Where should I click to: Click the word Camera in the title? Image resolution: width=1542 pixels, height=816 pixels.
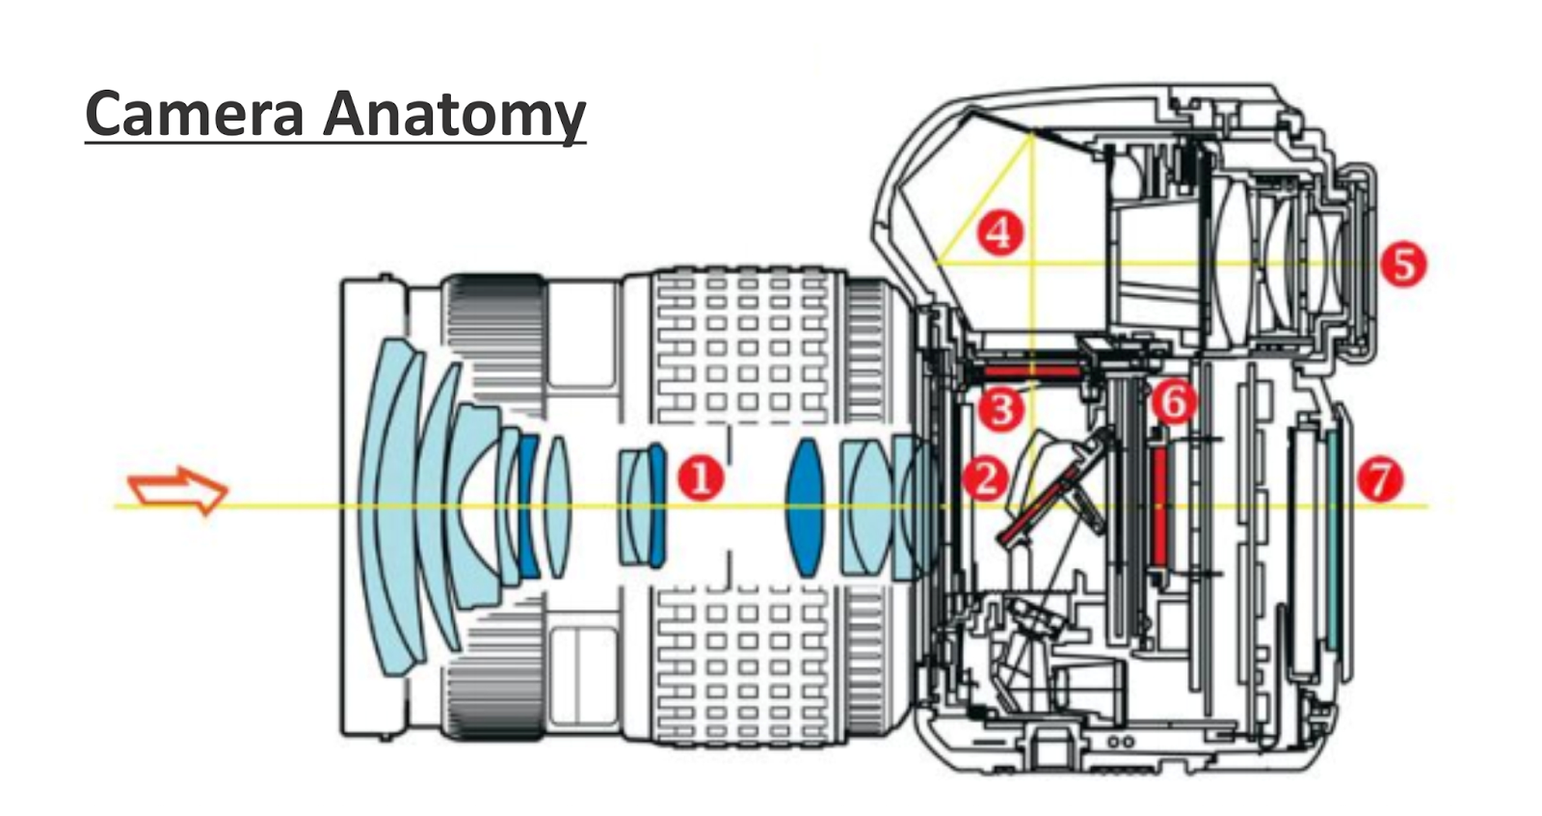click(194, 114)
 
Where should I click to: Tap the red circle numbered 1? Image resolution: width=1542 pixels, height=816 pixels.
click(701, 477)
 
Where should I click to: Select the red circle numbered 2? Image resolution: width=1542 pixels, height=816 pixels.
click(985, 476)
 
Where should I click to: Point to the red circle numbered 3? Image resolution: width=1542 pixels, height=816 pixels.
click(1000, 409)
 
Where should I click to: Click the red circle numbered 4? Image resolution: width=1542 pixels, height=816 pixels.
click(999, 232)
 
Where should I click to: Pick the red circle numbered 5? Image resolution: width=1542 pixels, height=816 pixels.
click(1402, 263)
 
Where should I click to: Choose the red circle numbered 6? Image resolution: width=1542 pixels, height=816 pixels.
click(1174, 401)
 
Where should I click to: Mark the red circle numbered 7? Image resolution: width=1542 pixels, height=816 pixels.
click(1380, 478)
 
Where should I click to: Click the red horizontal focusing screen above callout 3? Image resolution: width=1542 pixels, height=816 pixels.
click(1027, 368)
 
